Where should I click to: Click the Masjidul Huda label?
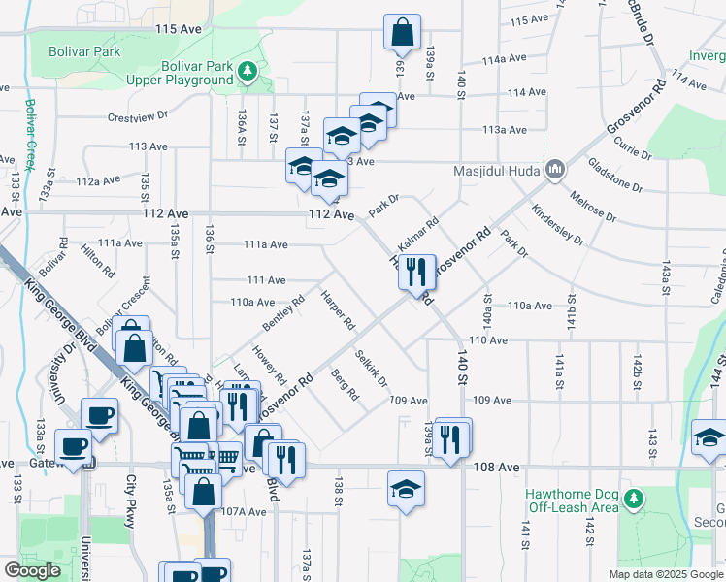click(497, 173)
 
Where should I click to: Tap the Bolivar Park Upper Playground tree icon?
click(249, 71)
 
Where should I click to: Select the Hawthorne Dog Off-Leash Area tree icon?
click(634, 499)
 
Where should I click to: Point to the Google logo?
click(32, 570)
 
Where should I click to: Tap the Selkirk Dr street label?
click(372, 368)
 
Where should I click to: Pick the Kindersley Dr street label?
click(557, 224)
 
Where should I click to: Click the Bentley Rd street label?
click(282, 311)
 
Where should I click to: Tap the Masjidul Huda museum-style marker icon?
click(555, 172)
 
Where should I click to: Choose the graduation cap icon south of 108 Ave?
click(406, 489)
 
